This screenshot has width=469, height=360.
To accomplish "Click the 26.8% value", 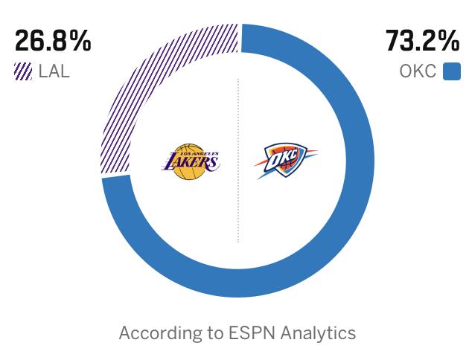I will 53,42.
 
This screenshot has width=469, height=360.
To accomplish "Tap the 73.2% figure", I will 422,42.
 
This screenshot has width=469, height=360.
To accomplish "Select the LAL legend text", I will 54,72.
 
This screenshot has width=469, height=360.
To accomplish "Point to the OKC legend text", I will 418,72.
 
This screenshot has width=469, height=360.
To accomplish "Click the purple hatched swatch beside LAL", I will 23,72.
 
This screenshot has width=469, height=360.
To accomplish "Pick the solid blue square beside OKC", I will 452,72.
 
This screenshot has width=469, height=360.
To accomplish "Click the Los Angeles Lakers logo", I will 190,161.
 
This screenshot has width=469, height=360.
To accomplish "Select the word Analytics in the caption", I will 319,332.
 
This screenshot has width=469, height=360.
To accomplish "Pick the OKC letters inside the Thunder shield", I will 286,158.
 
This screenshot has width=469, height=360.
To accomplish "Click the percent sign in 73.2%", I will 450,42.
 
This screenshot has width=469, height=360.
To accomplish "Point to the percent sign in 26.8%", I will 80,42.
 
